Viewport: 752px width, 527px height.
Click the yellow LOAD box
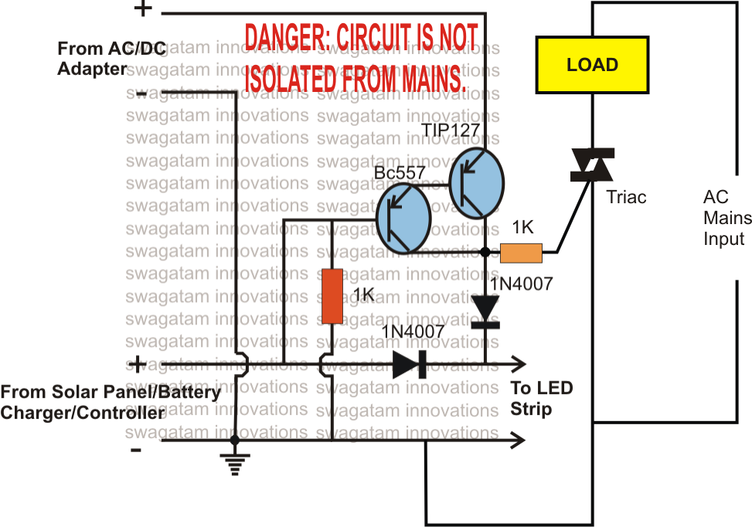(592, 65)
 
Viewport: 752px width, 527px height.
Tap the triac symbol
(591, 166)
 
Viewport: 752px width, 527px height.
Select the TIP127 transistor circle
(476, 184)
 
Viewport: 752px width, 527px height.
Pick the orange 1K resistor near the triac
(522, 252)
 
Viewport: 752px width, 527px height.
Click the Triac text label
(627, 197)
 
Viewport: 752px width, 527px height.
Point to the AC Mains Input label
(723, 218)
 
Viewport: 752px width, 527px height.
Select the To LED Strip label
(541, 398)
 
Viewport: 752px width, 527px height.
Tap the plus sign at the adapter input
(143, 9)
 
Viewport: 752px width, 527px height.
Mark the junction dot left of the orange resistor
(485, 252)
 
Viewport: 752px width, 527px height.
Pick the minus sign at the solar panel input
(137, 449)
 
